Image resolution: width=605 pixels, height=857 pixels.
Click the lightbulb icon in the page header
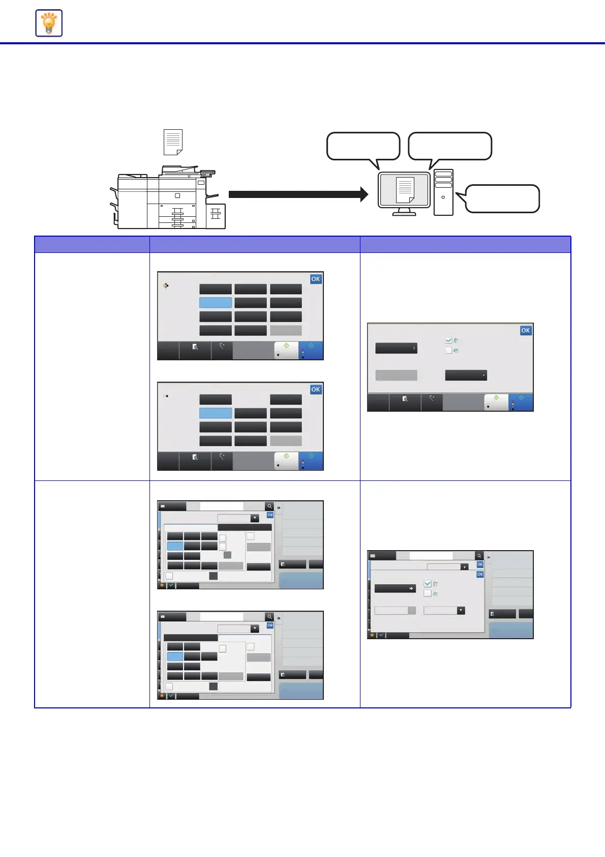(x=49, y=23)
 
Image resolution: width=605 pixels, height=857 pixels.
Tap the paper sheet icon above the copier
(x=173, y=142)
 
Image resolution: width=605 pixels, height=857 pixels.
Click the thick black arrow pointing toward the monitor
(x=298, y=194)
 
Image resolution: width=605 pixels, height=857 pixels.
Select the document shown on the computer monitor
(x=405, y=190)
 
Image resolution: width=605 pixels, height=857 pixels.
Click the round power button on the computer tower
(x=443, y=197)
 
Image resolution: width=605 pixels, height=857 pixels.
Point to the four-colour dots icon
(x=166, y=285)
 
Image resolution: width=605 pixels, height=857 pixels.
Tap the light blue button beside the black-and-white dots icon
(x=216, y=413)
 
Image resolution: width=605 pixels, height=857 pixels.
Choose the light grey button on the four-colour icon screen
(x=286, y=330)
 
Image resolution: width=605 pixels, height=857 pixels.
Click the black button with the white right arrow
(x=395, y=588)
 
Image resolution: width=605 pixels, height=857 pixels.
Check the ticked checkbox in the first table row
(x=448, y=340)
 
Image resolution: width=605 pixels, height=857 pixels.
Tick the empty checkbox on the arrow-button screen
(x=428, y=593)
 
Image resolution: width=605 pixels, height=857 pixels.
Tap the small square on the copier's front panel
(x=177, y=195)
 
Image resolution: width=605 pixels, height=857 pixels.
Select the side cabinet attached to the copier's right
(x=216, y=216)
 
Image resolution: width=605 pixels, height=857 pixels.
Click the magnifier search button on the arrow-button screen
(x=479, y=556)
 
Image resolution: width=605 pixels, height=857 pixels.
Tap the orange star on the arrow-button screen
(x=372, y=635)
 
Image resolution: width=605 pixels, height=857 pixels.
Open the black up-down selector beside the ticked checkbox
(x=396, y=348)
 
